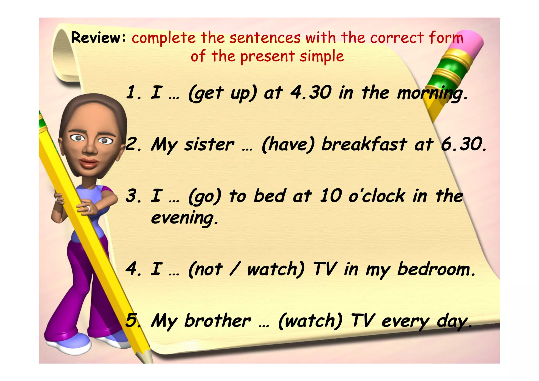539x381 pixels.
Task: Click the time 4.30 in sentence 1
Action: point(311,93)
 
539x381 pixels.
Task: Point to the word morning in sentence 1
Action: point(432,94)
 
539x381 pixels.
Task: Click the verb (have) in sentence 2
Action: point(288,145)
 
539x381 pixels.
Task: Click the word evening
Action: point(184,218)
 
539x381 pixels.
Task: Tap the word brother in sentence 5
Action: point(217,321)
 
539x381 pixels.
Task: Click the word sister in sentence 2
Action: point(209,145)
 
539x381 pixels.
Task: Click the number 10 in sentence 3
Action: point(331,196)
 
